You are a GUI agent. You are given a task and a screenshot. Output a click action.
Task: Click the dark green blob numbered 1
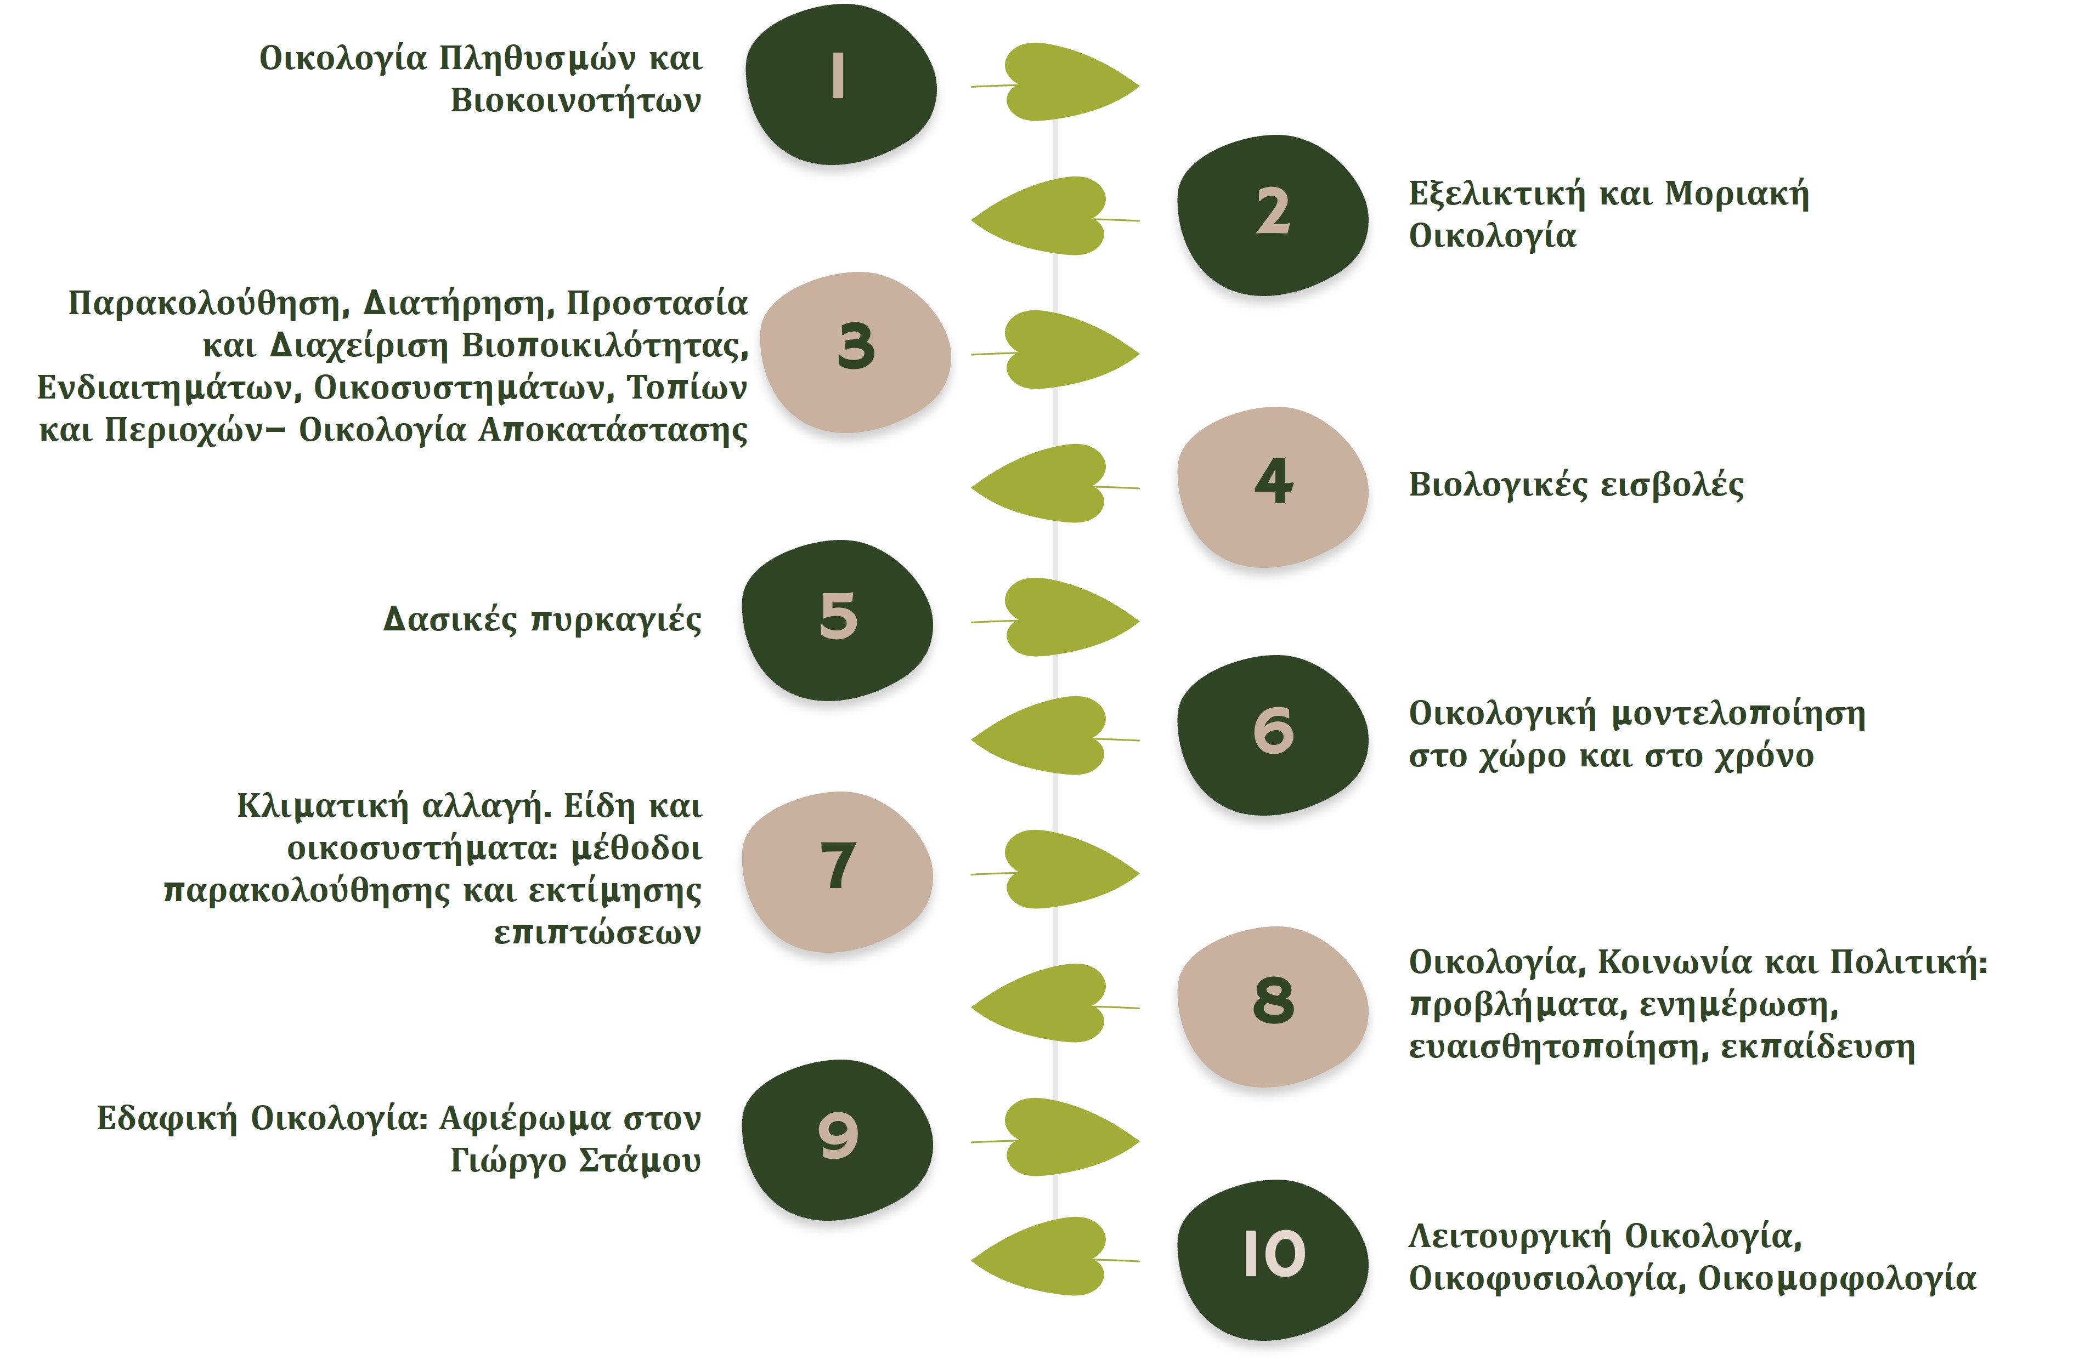click(840, 84)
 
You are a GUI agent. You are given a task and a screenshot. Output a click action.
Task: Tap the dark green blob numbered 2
click(1273, 215)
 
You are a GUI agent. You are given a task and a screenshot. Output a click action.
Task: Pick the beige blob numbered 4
click(1273, 487)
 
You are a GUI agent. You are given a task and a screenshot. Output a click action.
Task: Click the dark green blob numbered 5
click(837, 621)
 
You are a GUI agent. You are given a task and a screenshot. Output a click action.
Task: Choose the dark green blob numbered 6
click(1273, 735)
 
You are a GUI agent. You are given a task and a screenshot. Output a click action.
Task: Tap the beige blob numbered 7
click(837, 872)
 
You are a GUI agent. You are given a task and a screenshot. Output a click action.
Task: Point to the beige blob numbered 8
click(1273, 1006)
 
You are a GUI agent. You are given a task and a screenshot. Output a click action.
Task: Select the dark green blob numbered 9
click(837, 1140)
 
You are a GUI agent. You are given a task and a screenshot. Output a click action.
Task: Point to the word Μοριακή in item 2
click(1737, 194)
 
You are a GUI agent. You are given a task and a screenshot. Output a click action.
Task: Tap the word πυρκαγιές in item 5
click(617, 621)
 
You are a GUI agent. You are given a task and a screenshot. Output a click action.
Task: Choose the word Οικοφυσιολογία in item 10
click(1547, 1278)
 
